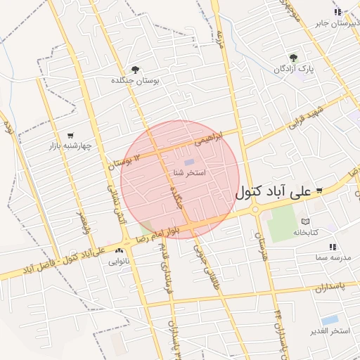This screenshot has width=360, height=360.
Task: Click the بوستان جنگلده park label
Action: point(135,81)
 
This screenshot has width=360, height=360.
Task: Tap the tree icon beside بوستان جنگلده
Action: point(135,69)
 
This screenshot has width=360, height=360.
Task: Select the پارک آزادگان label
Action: point(293,70)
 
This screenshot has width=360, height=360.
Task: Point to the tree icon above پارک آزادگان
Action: point(293,58)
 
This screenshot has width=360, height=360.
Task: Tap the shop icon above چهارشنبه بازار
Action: point(70,135)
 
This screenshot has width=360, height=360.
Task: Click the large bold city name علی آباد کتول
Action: point(274,191)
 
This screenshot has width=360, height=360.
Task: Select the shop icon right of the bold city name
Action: point(320,190)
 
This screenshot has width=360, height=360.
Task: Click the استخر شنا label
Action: point(188,172)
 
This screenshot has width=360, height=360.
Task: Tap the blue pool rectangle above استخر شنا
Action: point(189,163)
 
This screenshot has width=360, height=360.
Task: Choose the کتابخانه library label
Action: point(306,232)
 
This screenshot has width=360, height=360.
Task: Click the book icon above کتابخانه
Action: point(305,221)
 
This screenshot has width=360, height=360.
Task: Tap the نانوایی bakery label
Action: point(117,262)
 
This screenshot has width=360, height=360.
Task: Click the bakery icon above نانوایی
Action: point(118,250)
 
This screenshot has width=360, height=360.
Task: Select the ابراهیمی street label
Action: point(208,139)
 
